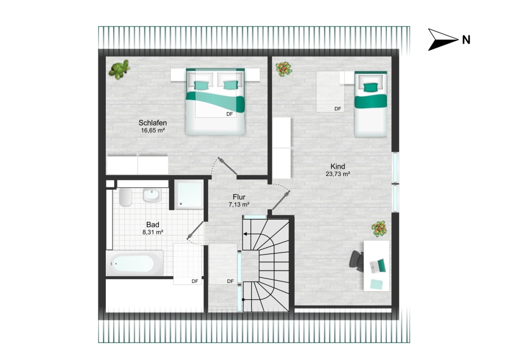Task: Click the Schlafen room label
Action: click(153, 123)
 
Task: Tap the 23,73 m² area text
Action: click(338, 174)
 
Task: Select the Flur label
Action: click(239, 197)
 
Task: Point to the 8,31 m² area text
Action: click(153, 232)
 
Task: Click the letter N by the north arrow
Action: click(466, 40)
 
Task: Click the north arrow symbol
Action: click(443, 40)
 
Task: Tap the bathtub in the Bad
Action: click(135, 263)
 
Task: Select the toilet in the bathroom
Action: click(126, 197)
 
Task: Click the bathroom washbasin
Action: click(152, 195)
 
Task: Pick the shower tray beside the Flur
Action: click(189, 195)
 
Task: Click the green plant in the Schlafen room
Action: click(119, 69)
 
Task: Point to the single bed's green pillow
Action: click(370, 87)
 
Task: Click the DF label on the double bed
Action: click(230, 114)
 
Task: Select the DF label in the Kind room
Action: click(338, 109)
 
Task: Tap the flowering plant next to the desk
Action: click(379, 229)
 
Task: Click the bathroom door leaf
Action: click(195, 230)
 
